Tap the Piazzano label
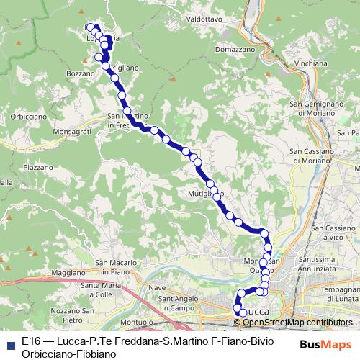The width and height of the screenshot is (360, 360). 38,166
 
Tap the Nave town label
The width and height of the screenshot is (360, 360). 157,288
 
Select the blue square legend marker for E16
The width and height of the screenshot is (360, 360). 10,344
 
